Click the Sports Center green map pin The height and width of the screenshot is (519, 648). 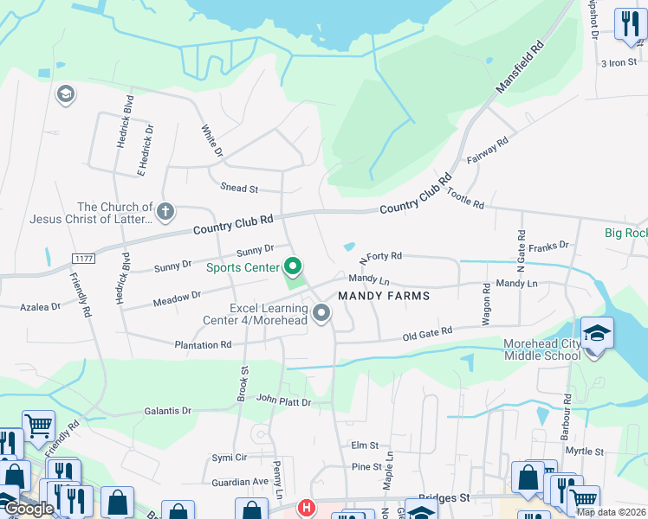coord(293,266)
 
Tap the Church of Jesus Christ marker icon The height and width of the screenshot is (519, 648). coord(165,210)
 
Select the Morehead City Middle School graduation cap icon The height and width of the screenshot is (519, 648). coord(596,334)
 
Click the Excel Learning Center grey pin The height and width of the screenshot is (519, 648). coord(322,312)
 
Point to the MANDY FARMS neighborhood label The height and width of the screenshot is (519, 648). coord(384,295)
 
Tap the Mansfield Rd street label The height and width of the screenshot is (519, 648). coord(520,67)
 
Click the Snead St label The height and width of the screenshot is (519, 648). coord(240,188)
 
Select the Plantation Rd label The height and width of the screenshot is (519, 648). coord(203,344)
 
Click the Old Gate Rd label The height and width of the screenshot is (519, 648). coord(428,333)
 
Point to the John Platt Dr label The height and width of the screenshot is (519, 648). coord(283,400)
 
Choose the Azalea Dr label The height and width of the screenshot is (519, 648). coord(41,306)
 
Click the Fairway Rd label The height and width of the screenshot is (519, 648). coord(487,149)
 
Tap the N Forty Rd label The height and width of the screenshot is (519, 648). coord(381,257)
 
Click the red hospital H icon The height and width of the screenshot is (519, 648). coord(306,509)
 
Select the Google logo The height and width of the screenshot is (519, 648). coord(29,509)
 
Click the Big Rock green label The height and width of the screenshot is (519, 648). coord(625,234)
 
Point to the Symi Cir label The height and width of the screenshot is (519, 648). coord(230,457)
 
